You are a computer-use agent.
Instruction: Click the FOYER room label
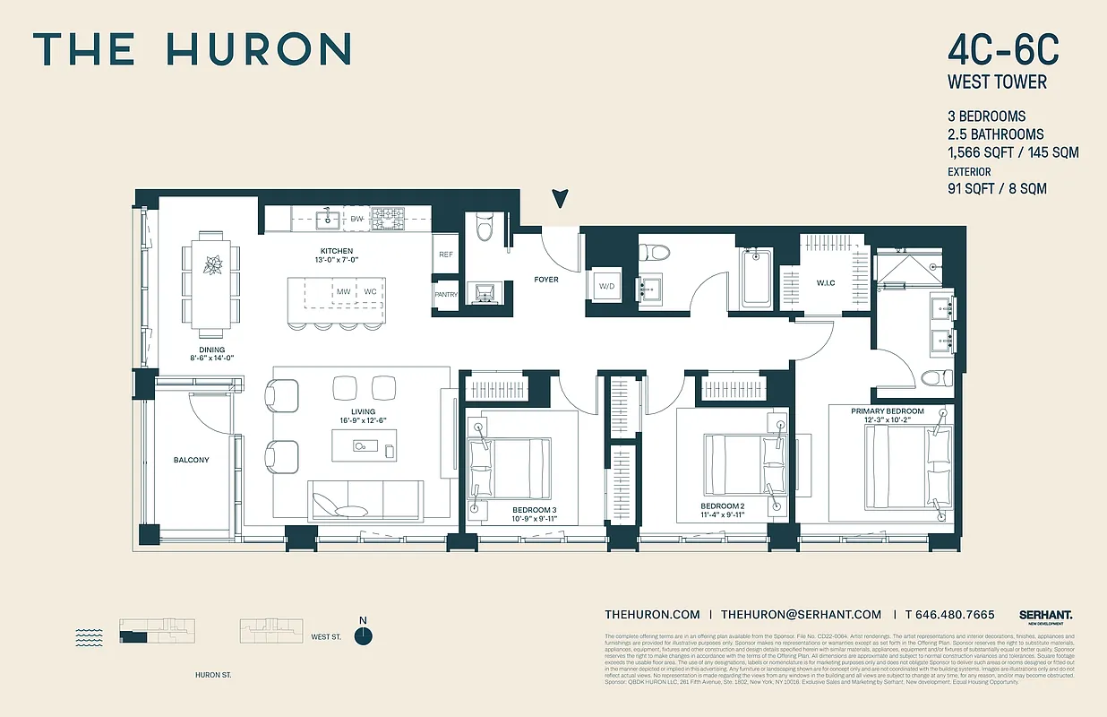(545, 280)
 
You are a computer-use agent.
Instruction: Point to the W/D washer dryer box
(606, 287)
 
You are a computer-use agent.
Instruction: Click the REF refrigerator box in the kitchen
(446, 255)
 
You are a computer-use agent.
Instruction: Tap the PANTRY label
(445, 295)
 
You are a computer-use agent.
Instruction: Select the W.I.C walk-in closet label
(825, 284)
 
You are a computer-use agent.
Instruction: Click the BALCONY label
(191, 460)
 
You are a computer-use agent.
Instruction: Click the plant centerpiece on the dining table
(213, 265)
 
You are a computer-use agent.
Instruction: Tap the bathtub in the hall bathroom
(758, 279)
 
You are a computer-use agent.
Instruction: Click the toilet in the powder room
(485, 228)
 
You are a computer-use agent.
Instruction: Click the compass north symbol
(363, 635)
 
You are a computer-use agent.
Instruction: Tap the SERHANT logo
(1045, 615)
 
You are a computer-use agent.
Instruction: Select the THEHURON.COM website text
(652, 615)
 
